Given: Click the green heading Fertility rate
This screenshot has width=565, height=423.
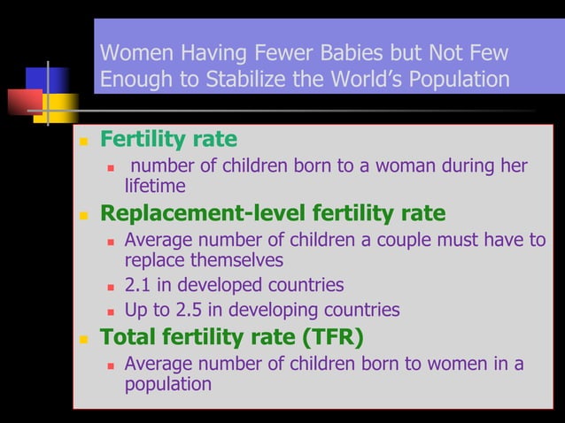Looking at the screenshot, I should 168,140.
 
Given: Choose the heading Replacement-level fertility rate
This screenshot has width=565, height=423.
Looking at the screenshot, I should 273,213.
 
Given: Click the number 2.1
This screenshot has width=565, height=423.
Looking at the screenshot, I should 139,286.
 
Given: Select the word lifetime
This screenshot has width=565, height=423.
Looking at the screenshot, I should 155,186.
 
